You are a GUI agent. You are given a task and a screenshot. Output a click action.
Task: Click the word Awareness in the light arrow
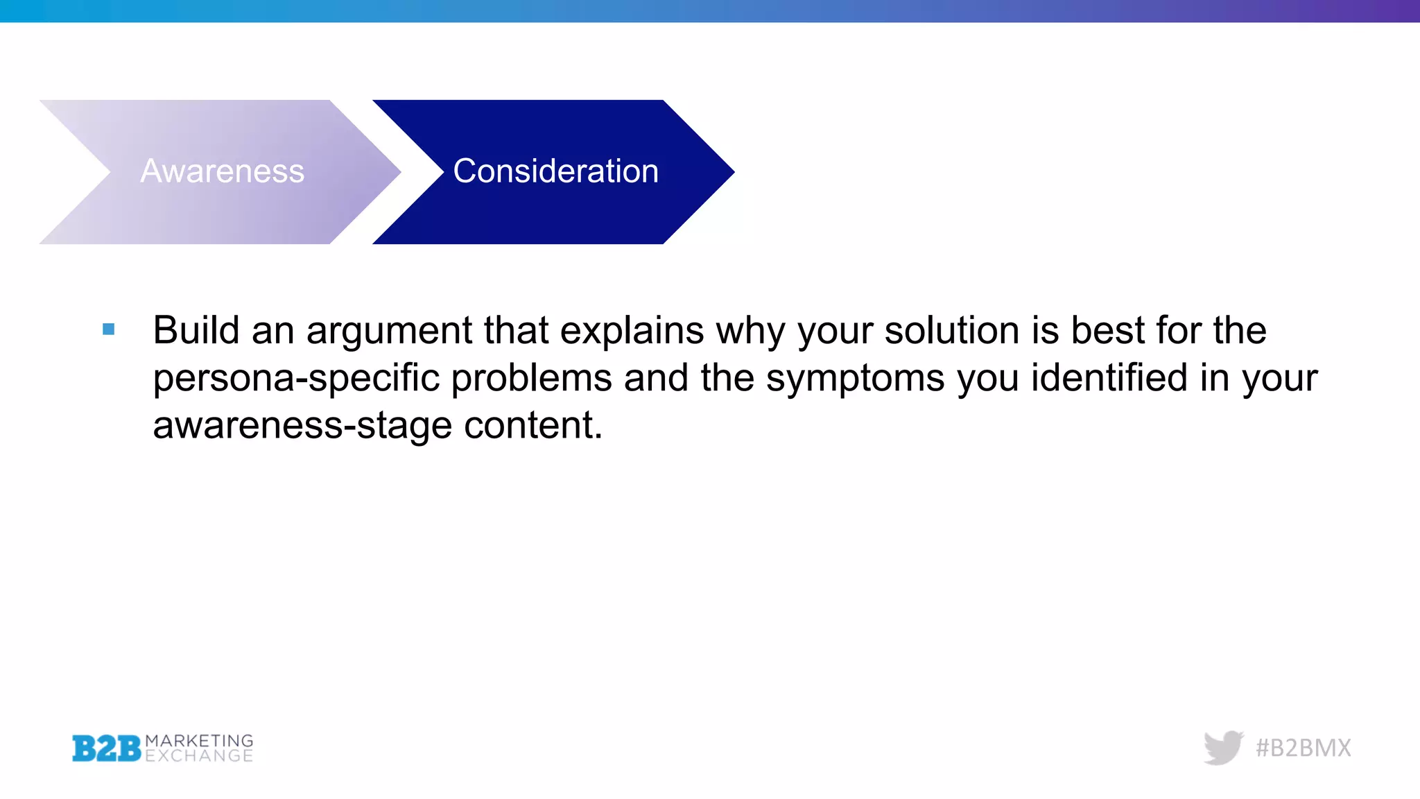222,171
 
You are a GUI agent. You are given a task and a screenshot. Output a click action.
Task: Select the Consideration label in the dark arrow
555,171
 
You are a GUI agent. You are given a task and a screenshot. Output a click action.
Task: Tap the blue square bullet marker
109,329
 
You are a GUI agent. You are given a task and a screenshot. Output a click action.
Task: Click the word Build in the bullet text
196,330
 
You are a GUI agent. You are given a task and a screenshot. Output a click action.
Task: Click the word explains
632,332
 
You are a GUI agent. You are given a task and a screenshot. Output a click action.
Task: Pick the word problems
532,379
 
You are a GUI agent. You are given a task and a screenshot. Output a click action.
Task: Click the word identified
1109,378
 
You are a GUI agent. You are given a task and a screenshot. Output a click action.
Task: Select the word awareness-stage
302,426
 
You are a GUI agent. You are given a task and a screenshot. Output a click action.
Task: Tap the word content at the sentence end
532,425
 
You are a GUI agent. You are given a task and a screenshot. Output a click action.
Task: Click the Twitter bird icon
1223,748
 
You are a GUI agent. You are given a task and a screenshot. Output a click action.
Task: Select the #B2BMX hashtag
1304,748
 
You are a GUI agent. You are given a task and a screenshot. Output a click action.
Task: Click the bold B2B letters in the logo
106,748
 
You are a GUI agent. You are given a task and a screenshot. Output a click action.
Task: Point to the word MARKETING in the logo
199,741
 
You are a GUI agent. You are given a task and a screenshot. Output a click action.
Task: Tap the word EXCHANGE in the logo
199,756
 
